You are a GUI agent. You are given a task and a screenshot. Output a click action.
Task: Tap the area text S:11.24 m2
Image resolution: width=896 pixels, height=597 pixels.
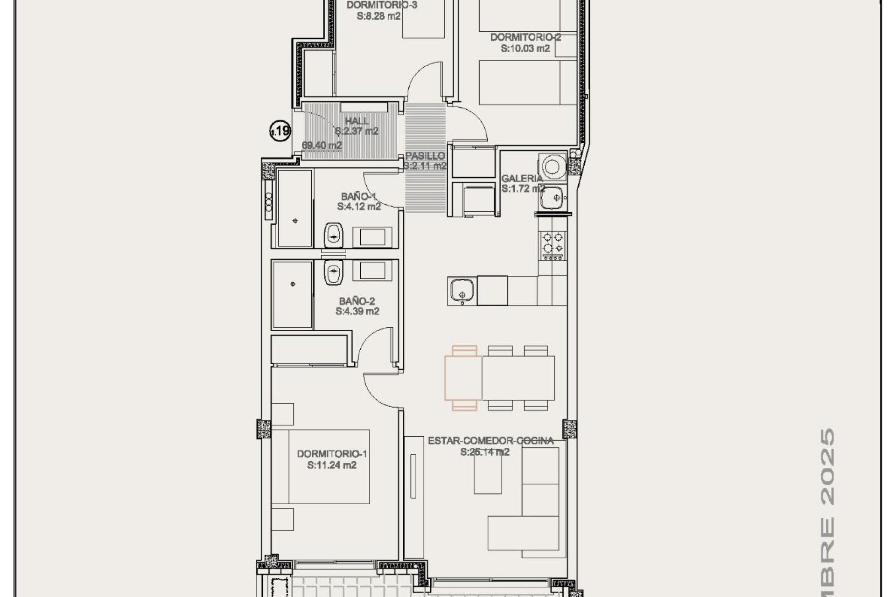click(332, 465)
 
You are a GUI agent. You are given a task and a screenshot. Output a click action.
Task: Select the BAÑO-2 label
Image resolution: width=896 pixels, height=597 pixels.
click(357, 301)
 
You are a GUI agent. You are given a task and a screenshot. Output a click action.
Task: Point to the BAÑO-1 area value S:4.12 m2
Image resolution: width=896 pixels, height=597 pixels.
click(359, 207)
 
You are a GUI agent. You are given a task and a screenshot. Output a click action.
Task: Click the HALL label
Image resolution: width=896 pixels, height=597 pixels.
click(357, 121)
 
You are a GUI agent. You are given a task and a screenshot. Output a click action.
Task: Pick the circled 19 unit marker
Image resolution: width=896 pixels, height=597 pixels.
click(280, 131)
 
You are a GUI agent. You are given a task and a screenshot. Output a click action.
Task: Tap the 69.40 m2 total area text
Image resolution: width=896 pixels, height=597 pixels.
click(322, 145)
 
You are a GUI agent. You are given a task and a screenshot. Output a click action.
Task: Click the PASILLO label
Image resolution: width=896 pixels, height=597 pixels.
click(425, 156)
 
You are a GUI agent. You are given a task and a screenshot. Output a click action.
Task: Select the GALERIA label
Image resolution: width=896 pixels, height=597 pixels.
click(522, 178)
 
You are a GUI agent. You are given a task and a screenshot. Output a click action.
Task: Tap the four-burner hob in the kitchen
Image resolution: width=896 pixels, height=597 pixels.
click(553, 243)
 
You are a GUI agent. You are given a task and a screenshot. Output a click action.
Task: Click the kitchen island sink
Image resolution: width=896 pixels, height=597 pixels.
click(461, 290)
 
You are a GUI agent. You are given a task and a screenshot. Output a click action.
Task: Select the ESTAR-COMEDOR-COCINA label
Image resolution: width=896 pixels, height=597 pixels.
click(491, 441)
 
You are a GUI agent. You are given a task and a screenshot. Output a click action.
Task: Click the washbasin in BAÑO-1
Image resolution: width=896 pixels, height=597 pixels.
click(334, 235)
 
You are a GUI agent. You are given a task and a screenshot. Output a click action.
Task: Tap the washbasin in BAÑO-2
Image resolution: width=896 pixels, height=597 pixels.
click(333, 272)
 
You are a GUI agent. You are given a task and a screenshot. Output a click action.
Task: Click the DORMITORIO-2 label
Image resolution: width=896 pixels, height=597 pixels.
click(525, 37)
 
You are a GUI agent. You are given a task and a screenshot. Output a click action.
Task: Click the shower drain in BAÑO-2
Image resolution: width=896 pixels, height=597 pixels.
click(293, 284)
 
